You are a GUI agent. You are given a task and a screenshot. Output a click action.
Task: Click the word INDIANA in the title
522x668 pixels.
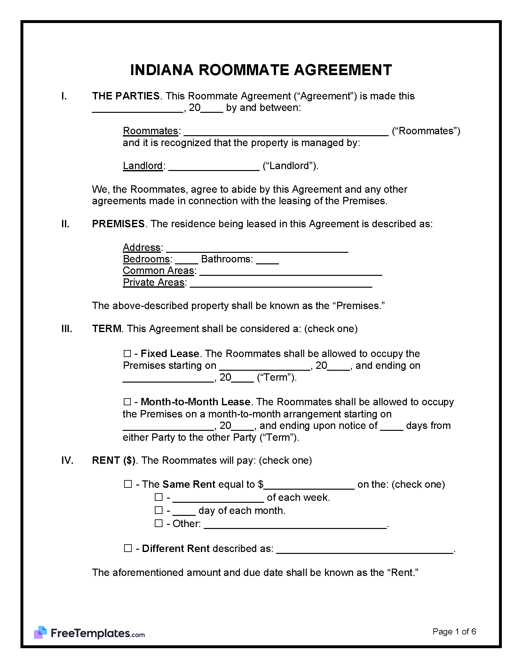click(162, 70)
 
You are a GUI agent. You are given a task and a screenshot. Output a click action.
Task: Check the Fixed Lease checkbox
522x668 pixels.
click(127, 353)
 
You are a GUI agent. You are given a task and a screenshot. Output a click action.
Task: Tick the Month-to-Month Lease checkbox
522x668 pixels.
click(127, 402)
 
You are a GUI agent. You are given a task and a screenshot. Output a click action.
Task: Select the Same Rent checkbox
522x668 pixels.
click(128, 484)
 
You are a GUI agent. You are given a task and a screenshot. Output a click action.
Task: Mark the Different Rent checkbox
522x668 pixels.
click(128, 548)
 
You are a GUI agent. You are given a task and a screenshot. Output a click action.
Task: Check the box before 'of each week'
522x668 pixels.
click(159, 497)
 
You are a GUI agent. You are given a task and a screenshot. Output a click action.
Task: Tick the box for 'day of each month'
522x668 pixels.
click(159, 510)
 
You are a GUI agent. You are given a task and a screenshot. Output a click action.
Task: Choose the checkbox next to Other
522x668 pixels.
click(159, 524)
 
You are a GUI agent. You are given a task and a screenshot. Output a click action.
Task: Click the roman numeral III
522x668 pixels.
click(67, 329)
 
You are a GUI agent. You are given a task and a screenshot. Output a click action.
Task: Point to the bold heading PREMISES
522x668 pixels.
click(118, 224)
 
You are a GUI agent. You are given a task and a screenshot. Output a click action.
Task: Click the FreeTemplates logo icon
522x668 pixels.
click(41, 632)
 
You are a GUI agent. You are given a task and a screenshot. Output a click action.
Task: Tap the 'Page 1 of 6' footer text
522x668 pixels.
click(454, 631)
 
